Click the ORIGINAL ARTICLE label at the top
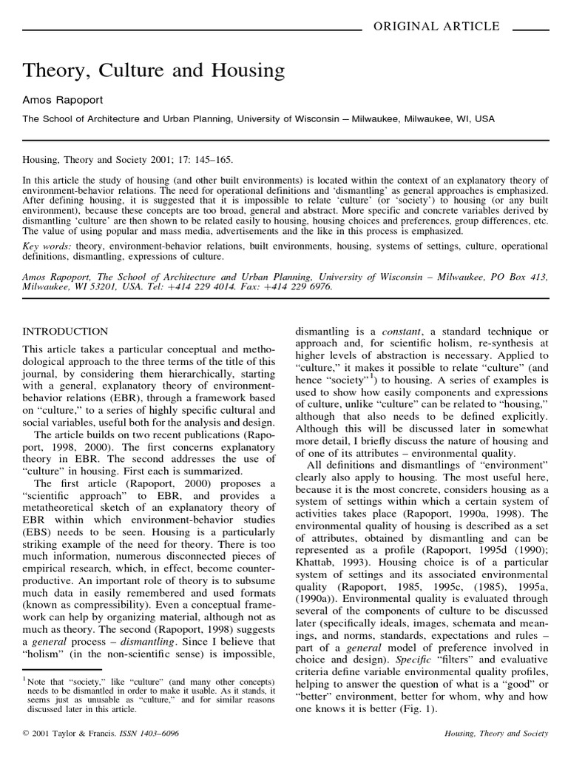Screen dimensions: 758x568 (x=436, y=27)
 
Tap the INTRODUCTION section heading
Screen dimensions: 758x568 (x=65, y=331)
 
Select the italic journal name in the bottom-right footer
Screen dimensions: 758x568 (x=496, y=733)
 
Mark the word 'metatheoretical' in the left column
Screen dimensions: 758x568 (x=65, y=509)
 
